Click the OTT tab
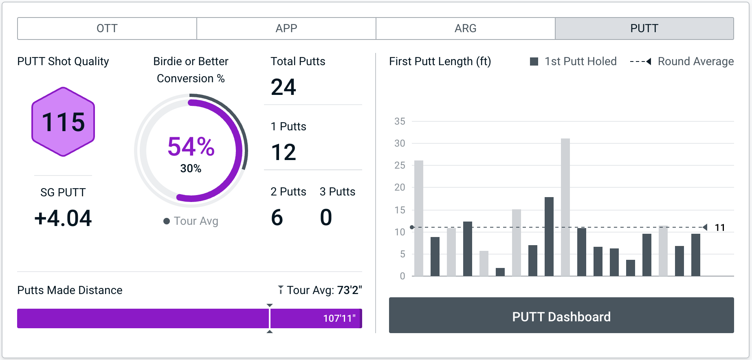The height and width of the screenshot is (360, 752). coord(107,29)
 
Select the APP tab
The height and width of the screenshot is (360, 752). coord(286,29)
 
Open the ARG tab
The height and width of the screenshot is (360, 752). coord(465,29)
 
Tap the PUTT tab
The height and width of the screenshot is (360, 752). coord(644,29)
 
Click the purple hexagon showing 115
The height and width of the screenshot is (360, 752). coord(63,122)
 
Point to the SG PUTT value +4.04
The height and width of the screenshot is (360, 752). coord(63,218)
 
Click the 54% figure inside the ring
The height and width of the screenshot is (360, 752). coord(191,147)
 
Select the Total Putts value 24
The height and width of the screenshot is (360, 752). coord(284,87)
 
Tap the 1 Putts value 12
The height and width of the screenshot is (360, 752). coord(284,152)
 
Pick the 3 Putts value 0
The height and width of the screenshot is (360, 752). coord(326,217)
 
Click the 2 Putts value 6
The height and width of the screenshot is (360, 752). coord(277,217)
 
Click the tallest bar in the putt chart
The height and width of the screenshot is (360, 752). coord(565,207)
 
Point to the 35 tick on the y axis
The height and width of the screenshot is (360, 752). coord(400,121)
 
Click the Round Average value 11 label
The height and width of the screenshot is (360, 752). coord(720,228)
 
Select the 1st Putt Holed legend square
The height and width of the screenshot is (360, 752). coord(534,61)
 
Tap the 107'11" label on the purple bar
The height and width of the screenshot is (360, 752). coord(339,318)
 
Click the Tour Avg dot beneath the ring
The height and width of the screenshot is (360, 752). coord(167,221)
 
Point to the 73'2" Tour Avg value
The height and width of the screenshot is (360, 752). coord(350,290)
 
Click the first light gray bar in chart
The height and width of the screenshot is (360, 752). coord(419,218)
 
